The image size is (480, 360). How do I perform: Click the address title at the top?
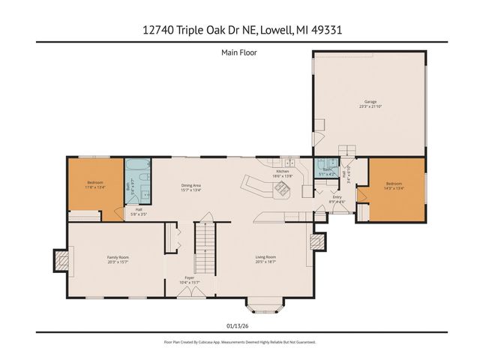[x=239, y=30]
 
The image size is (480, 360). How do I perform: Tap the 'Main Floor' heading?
[x=239, y=52]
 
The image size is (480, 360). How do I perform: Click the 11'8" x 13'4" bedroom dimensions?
[x=95, y=187]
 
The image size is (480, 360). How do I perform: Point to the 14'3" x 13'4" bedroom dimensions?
[x=394, y=187]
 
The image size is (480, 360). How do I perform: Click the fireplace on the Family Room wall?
[x=60, y=260]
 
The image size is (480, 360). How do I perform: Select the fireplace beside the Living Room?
[x=318, y=241]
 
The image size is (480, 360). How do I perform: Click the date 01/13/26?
[x=239, y=326]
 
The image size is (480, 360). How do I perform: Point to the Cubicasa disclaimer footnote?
[x=239, y=342]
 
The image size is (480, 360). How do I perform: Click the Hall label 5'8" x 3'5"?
[x=139, y=212]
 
